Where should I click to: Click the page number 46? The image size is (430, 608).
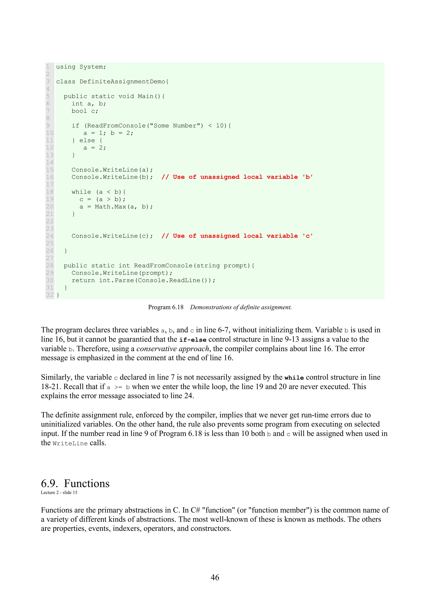coord(215,577)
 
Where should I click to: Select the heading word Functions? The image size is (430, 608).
coord(87,484)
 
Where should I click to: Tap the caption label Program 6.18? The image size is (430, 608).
coord(166,307)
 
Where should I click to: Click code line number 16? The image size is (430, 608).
coord(50,177)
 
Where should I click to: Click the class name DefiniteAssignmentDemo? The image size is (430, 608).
coord(122,82)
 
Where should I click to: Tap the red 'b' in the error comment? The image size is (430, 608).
coord(307,177)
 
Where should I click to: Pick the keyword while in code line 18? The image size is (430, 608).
coord(81,192)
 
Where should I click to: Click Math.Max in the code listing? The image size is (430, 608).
coord(110,207)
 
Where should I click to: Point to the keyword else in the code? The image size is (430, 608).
coord(87,140)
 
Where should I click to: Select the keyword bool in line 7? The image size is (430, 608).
coord(79,111)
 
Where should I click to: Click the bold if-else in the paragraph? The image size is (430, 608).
coord(193,340)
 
